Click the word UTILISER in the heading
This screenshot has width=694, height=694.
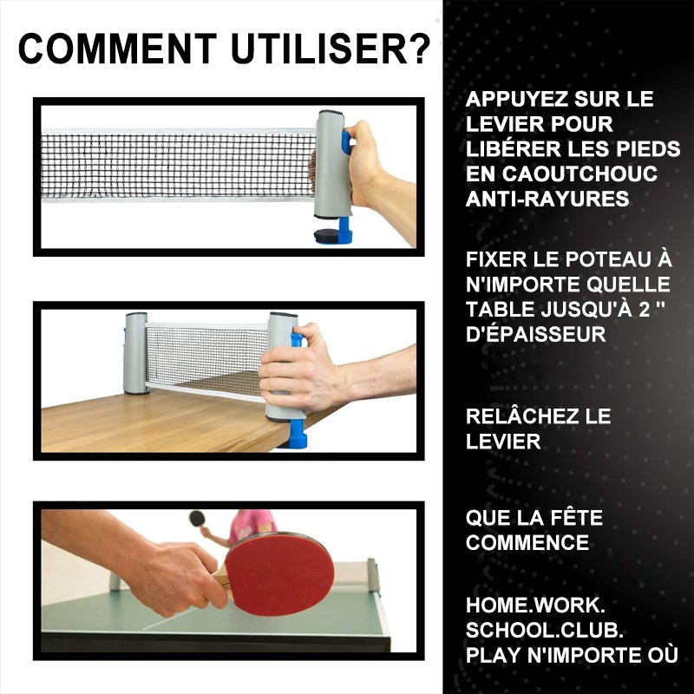pyautogui.click(x=319, y=49)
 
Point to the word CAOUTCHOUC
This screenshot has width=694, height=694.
pyautogui.click(x=579, y=173)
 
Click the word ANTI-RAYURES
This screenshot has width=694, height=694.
pyautogui.click(x=547, y=199)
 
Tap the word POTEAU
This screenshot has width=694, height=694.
pyautogui.click(x=594, y=259)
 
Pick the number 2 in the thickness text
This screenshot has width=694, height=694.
pyautogui.click(x=645, y=310)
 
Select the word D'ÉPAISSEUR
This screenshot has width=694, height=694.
pyautogui.click(x=535, y=334)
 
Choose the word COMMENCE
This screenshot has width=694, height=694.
pyautogui.click(x=527, y=543)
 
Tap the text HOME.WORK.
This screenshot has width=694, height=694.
pyautogui.click(x=535, y=606)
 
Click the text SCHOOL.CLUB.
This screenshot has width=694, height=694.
pyautogui.click(x=545, y=631)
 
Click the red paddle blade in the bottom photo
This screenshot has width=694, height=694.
pyautogui.click(x=278, y=574)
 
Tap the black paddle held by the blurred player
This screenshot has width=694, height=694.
pyautogui.click(x=197, y=518)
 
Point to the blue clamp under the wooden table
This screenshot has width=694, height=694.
pyautogui.click(x=298, y=434)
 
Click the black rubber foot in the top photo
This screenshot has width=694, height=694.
pyautogui.click(x=327, y=235)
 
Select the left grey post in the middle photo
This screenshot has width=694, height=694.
pyautogui.click(x=136, y=353)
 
